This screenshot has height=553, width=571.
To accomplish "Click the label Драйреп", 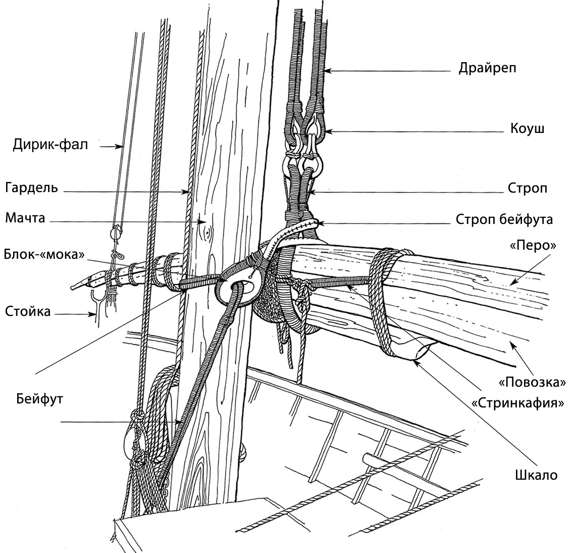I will point(487,68).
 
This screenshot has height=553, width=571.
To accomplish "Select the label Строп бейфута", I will point(504,219).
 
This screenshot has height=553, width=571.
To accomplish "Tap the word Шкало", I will point(536,475).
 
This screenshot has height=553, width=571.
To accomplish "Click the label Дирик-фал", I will point(50,146).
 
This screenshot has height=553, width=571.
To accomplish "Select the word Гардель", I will point(31,188).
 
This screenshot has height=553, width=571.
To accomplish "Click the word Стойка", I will point(28,311).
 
